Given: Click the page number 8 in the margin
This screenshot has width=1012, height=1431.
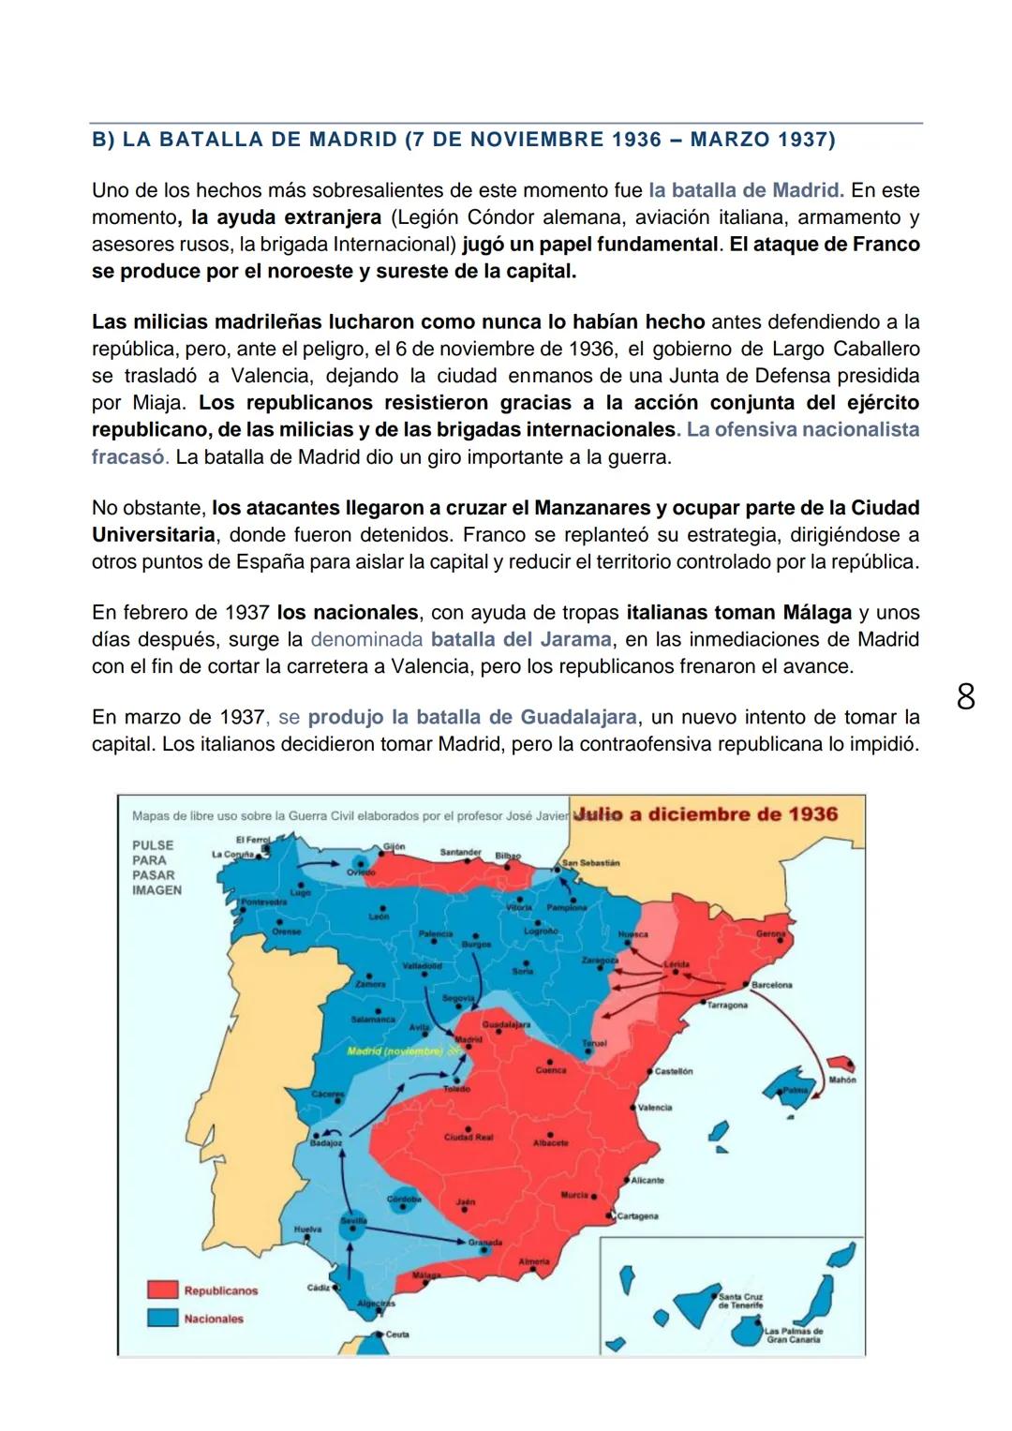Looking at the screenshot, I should click(x=965, y=697).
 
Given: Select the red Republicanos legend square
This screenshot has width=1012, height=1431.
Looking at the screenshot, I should click(x=162, y=1289).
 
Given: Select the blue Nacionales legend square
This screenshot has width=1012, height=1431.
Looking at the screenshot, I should click(x=162, y=1318).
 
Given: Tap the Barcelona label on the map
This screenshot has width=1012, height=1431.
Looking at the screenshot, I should click(x=771, y=985).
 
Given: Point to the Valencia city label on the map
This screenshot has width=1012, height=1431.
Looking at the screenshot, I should click(x=655, y=1108).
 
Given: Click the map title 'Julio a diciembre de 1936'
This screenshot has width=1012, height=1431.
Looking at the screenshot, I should click(x=705, y=813).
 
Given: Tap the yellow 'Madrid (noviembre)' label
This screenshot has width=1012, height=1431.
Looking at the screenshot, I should click(x=394, y=1051).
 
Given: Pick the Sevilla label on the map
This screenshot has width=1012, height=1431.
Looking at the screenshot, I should click(x=353, y=1221).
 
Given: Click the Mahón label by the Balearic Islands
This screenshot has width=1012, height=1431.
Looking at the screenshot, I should click(x=841, y=1080).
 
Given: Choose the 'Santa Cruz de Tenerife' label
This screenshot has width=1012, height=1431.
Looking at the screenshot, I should click(x=740, y=1301).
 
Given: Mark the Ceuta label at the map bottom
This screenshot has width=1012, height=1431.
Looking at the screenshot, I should click(x=397, y=1334).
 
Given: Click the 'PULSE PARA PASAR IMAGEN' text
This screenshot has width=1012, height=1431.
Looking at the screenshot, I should click(x=156, y=867).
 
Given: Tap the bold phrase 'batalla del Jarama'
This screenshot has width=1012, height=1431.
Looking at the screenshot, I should click(x=521, y=640).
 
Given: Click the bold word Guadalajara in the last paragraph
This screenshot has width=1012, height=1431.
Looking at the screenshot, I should click(x=578, y=718).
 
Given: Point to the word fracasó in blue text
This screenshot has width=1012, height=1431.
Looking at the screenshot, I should click(x=128, y=457).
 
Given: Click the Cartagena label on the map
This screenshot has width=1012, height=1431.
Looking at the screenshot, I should click(x=637, y=1216).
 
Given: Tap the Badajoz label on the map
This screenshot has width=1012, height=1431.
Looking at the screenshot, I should click(x=326, y=1143).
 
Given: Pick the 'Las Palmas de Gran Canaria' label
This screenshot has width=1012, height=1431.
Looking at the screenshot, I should click(x=793, y=1334).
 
